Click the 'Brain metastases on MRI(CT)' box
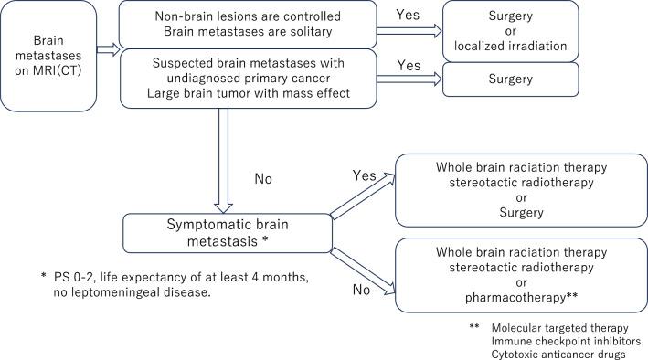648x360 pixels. point(49,54)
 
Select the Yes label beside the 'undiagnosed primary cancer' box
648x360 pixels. point(408,66)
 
